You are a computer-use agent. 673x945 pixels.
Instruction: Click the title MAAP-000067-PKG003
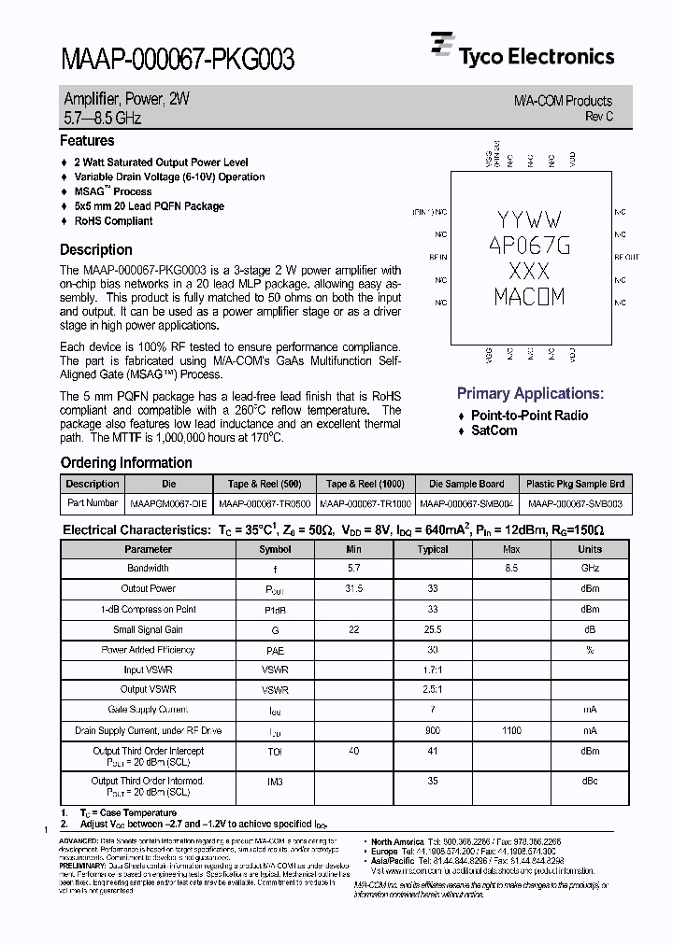point(178,60)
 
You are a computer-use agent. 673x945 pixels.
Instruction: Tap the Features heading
point(87,141)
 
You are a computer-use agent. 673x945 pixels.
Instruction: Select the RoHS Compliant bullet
point(113,221)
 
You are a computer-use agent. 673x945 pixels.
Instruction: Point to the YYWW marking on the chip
point(529,220)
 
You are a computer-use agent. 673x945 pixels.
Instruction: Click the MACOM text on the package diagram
point(529,298)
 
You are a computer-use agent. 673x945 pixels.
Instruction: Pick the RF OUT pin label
point(626,257)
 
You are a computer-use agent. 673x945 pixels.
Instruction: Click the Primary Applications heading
point(530,393)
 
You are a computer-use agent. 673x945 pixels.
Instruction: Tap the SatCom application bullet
point(494,430)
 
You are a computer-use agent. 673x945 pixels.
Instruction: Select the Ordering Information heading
point(126,463)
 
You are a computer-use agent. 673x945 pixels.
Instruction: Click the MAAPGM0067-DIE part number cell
point(169,502)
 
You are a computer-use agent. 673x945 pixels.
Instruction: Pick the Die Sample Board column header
point(466,484)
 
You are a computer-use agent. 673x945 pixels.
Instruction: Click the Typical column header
point(433,549)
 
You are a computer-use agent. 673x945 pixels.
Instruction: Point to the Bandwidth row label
point(148,568)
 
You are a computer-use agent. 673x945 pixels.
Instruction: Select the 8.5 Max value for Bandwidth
point(511,568)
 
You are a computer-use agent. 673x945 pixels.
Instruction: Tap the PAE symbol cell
point(275,650)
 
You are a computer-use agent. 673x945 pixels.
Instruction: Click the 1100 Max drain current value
point(511,730)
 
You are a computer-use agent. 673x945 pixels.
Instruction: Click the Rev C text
point(598,117)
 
